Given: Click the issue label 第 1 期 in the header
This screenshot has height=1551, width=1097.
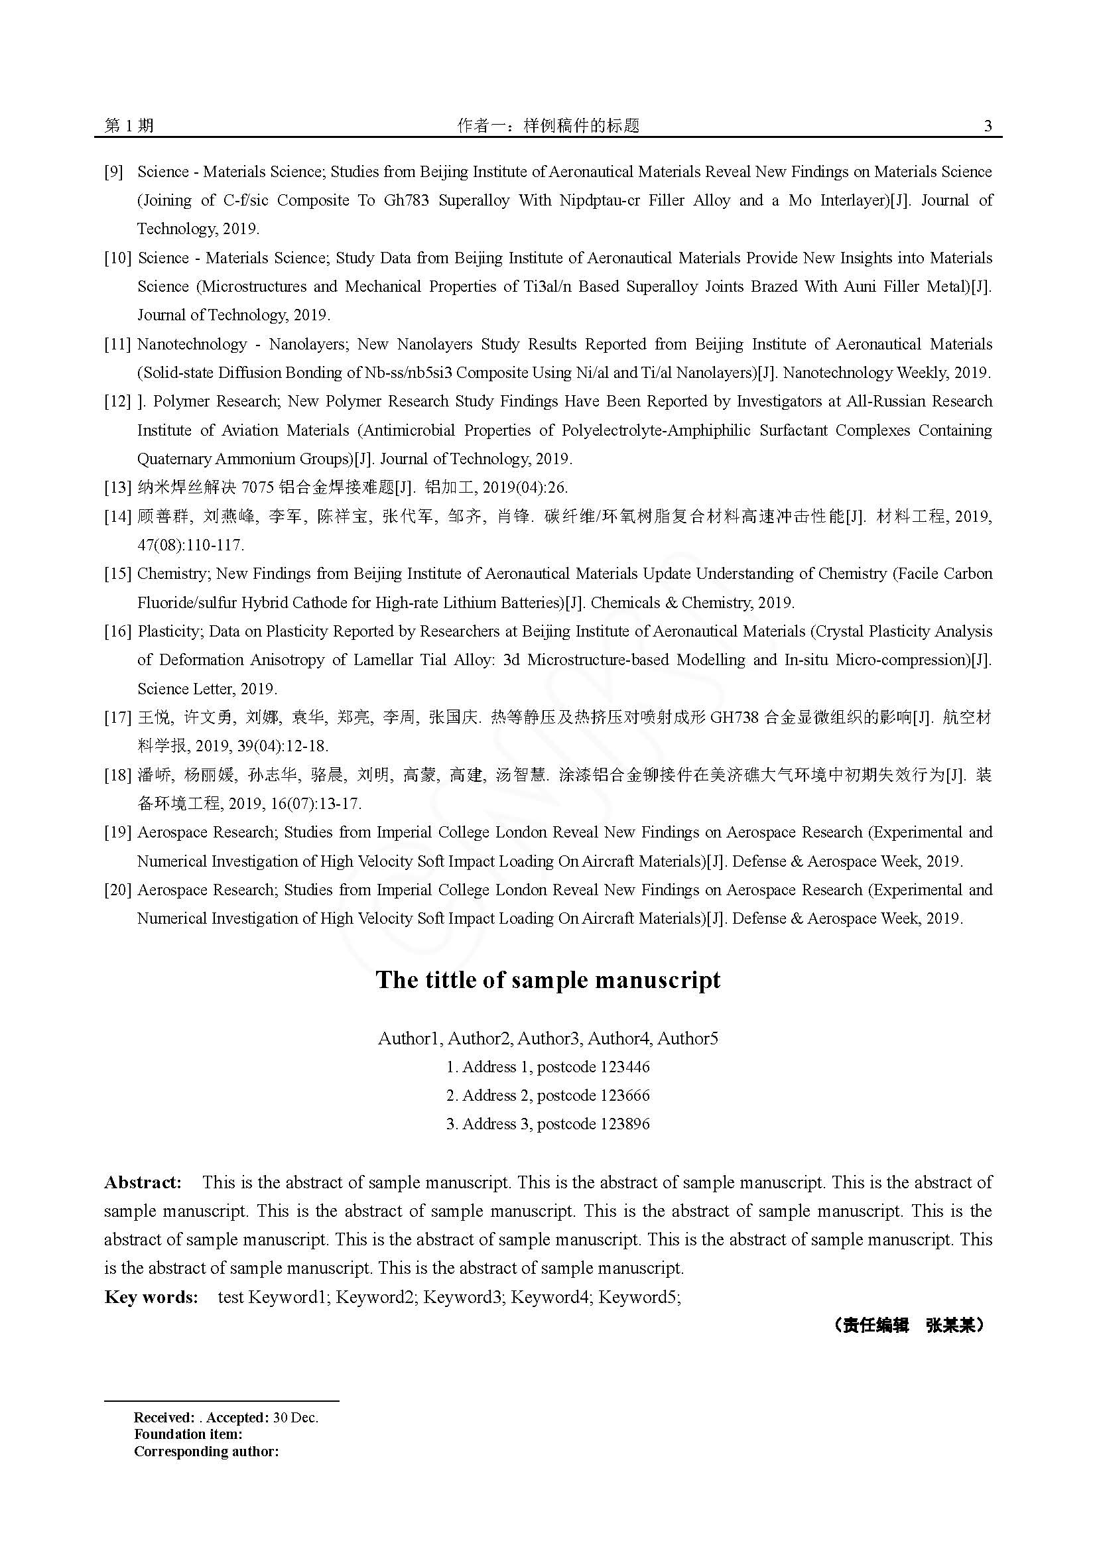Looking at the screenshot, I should tap(129, 125).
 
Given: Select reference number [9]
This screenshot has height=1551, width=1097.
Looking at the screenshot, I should tap(113, 172).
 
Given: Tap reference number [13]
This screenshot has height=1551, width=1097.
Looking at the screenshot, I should tap(117, 487).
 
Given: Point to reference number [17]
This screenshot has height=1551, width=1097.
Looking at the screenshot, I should tap(117, 717).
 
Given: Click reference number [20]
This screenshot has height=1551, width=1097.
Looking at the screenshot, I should tap(117, 890).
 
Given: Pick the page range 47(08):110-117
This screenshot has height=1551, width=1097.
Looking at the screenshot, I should tap(190, 545).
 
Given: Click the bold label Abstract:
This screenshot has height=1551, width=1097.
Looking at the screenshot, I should tap(143, 1182).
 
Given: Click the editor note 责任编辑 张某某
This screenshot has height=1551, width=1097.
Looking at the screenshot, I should tap(909, 1326).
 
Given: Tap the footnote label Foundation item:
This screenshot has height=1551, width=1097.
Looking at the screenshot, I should tap(188, 1434).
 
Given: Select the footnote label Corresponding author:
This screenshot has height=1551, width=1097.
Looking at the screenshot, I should tap(206, 1451).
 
